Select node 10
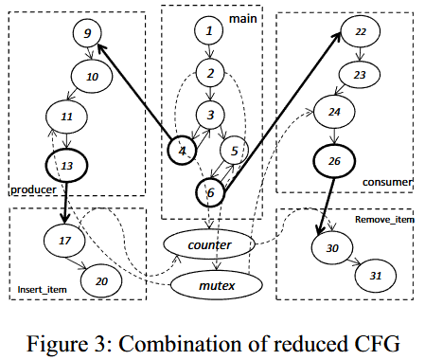(92, 76)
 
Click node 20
(100, 280)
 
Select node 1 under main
(209, 32)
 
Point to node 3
(210, 115)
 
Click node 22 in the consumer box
(361, 32)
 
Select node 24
(332, 112)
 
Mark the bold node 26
(333, 159)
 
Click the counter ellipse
(209, 245)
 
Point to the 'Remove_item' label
(385, 219)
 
